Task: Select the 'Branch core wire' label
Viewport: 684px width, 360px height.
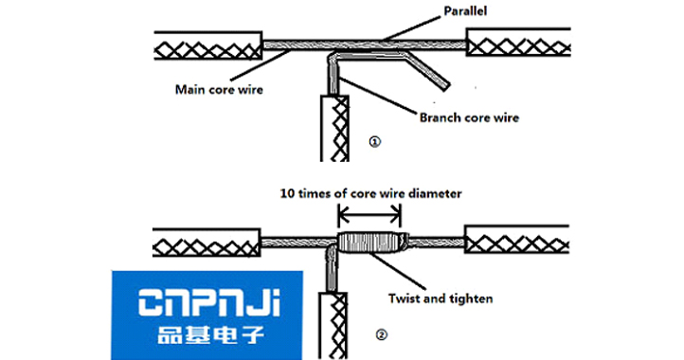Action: point(470,118)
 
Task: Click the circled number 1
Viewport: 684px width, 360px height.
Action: point(375,140)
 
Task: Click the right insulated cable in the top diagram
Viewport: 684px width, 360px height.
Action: point(520,44)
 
